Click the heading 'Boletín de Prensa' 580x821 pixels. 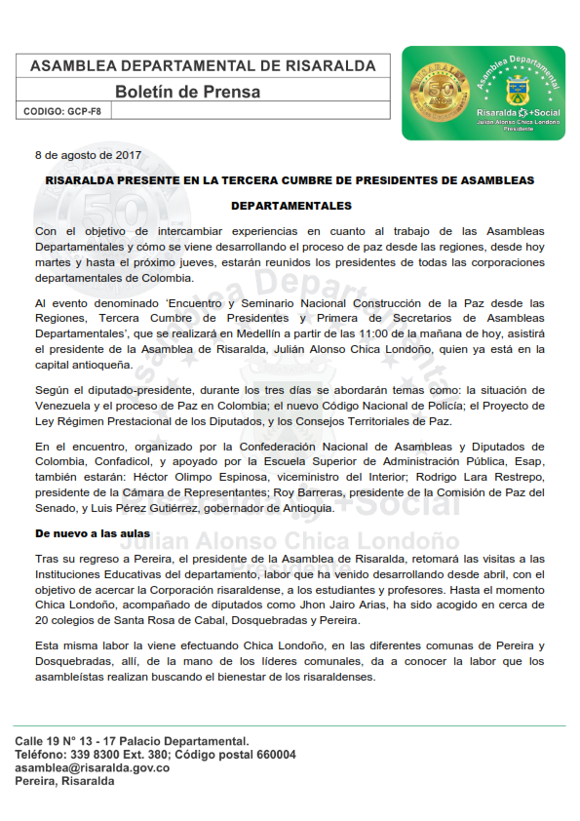(x=188, y=92)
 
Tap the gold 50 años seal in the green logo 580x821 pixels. (x=430, y=90)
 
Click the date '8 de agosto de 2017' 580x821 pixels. (x=89, y=155)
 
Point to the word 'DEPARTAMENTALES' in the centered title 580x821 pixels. (x=290, y=207)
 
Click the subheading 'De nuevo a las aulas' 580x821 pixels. (x=93, y=533)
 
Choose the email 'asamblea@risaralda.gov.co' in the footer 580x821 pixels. (x=93, y=768)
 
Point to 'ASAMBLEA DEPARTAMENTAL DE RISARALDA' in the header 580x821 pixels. (x=203, y=66)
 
